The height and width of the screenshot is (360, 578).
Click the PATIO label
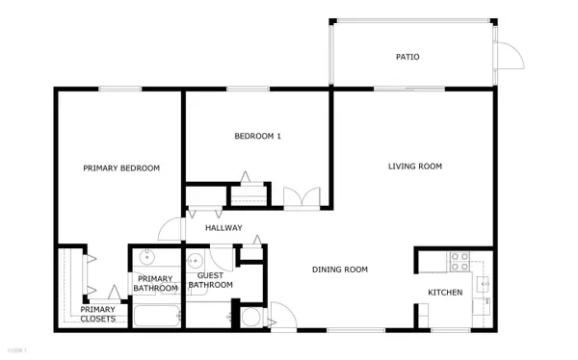point(407,57)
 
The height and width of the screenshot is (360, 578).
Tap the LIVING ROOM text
point(414,167)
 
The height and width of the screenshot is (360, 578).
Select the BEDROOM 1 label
point(258,137)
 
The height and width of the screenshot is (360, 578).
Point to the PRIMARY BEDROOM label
point(121,167)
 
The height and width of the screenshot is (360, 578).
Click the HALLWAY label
point(223,228)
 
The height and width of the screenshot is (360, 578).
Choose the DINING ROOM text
point(340,270)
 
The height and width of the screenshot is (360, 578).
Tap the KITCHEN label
point(445,292)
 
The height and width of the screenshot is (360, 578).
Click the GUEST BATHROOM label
point(210,279)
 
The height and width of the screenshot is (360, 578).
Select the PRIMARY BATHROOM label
point(155,283)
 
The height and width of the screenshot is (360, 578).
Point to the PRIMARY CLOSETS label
point(97,314)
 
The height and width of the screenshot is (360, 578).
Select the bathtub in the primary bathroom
point(155,316)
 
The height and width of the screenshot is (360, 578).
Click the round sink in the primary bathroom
point(147,257)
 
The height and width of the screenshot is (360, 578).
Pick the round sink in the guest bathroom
point(194,259)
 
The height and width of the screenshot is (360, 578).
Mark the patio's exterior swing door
point(512,57)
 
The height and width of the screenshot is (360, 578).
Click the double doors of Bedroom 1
point(301,198)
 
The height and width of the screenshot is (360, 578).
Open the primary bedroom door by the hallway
point(171,230)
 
